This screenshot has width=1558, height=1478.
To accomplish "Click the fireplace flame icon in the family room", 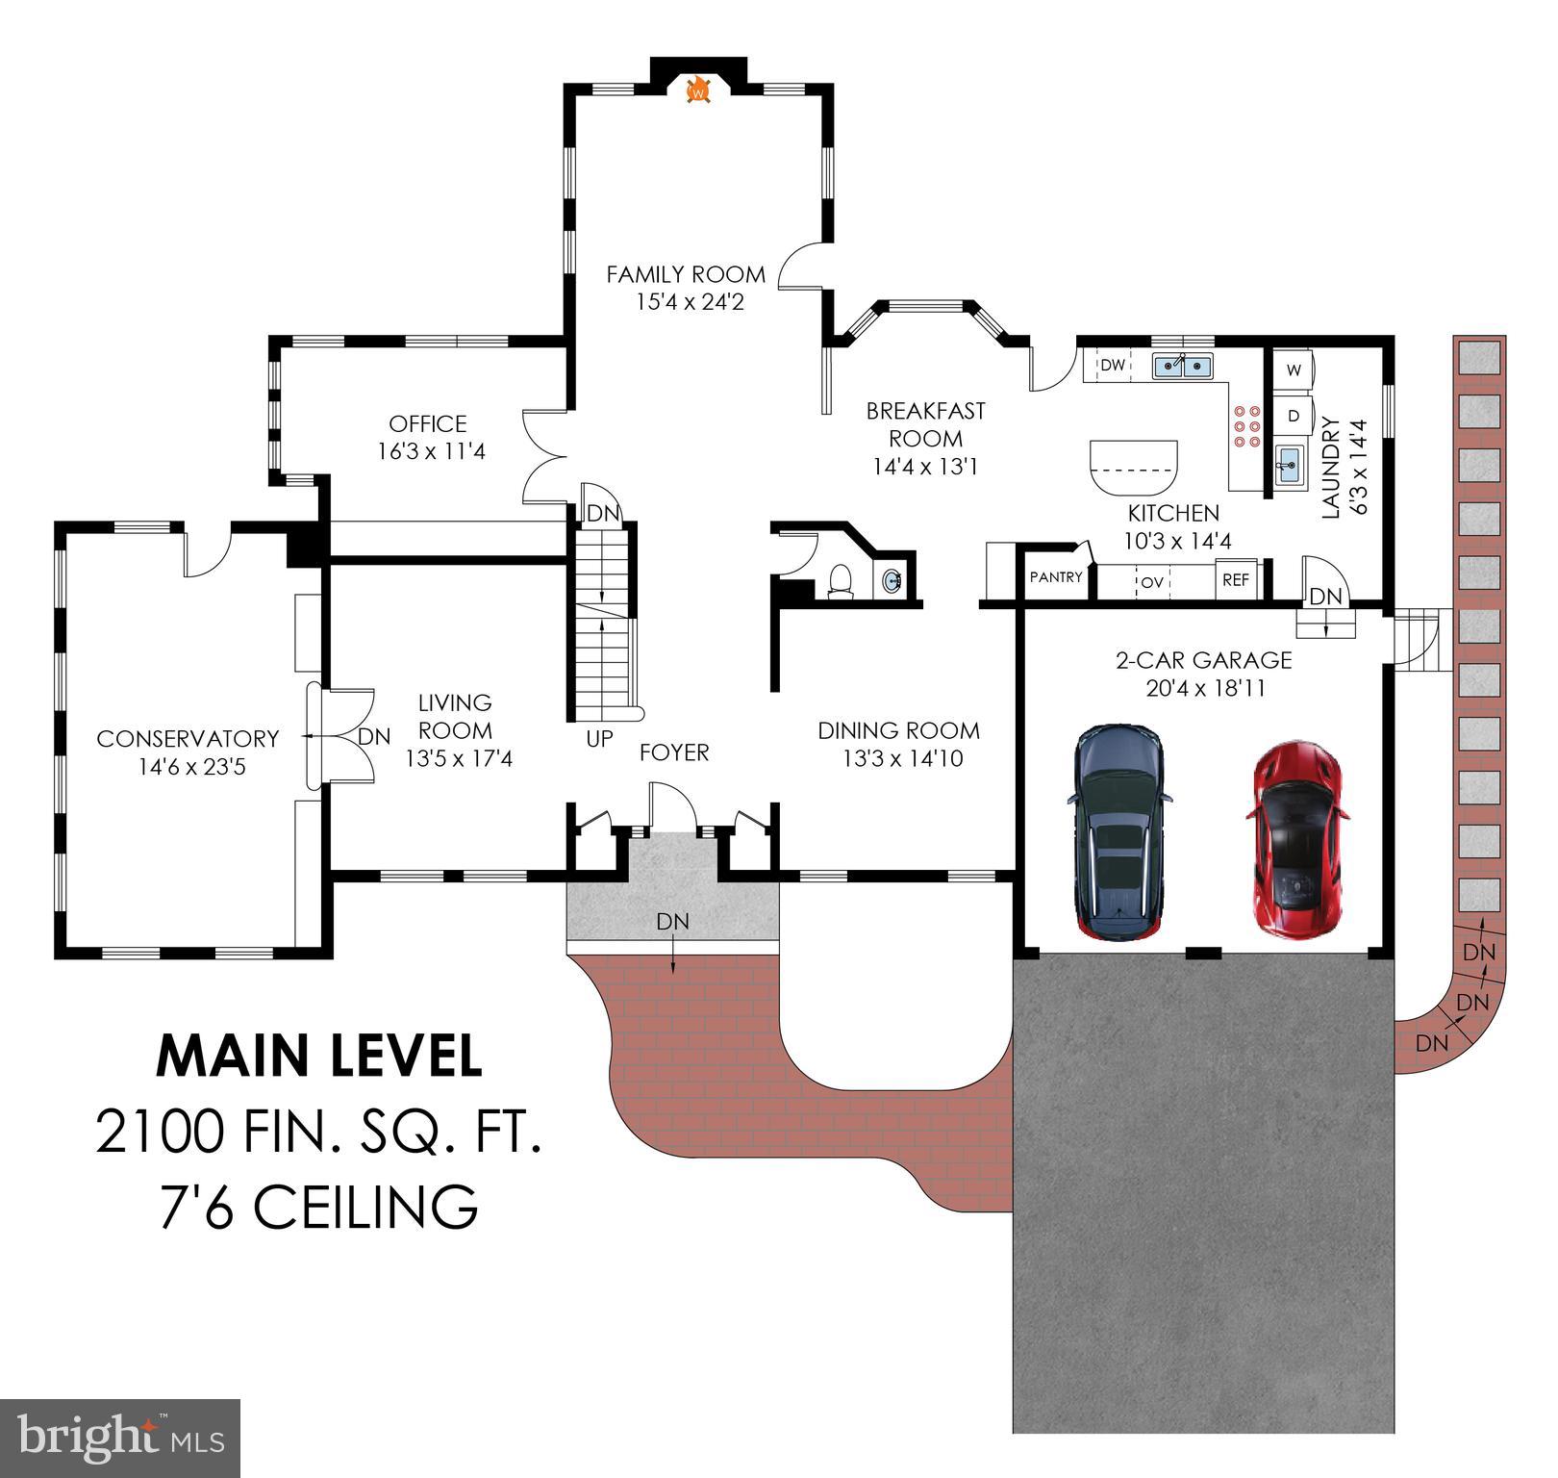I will (x=698, y=90).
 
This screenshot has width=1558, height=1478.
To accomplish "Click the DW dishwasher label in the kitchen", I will (x=1113, y=366).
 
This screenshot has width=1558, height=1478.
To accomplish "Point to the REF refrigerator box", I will (x=1236, y=580).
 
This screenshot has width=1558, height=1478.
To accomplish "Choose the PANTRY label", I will (x=1056, y=577).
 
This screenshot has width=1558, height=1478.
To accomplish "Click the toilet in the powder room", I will (x=840, y=582).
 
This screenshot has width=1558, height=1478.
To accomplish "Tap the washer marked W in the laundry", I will (x=1294, y=369).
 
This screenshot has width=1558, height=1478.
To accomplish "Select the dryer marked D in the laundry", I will (x=1294, y=416).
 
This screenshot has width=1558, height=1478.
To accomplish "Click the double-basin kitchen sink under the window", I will (x=1183, y=366).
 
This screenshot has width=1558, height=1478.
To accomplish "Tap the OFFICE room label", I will (x=428, y=423).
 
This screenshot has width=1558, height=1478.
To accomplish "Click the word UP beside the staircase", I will (x=599, y=740).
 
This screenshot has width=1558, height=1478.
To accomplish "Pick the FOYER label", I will (x=674, y=752).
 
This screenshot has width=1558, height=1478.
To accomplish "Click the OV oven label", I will (x=1152, y=582).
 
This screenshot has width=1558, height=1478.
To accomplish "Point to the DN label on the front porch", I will (x=672, y=921).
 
